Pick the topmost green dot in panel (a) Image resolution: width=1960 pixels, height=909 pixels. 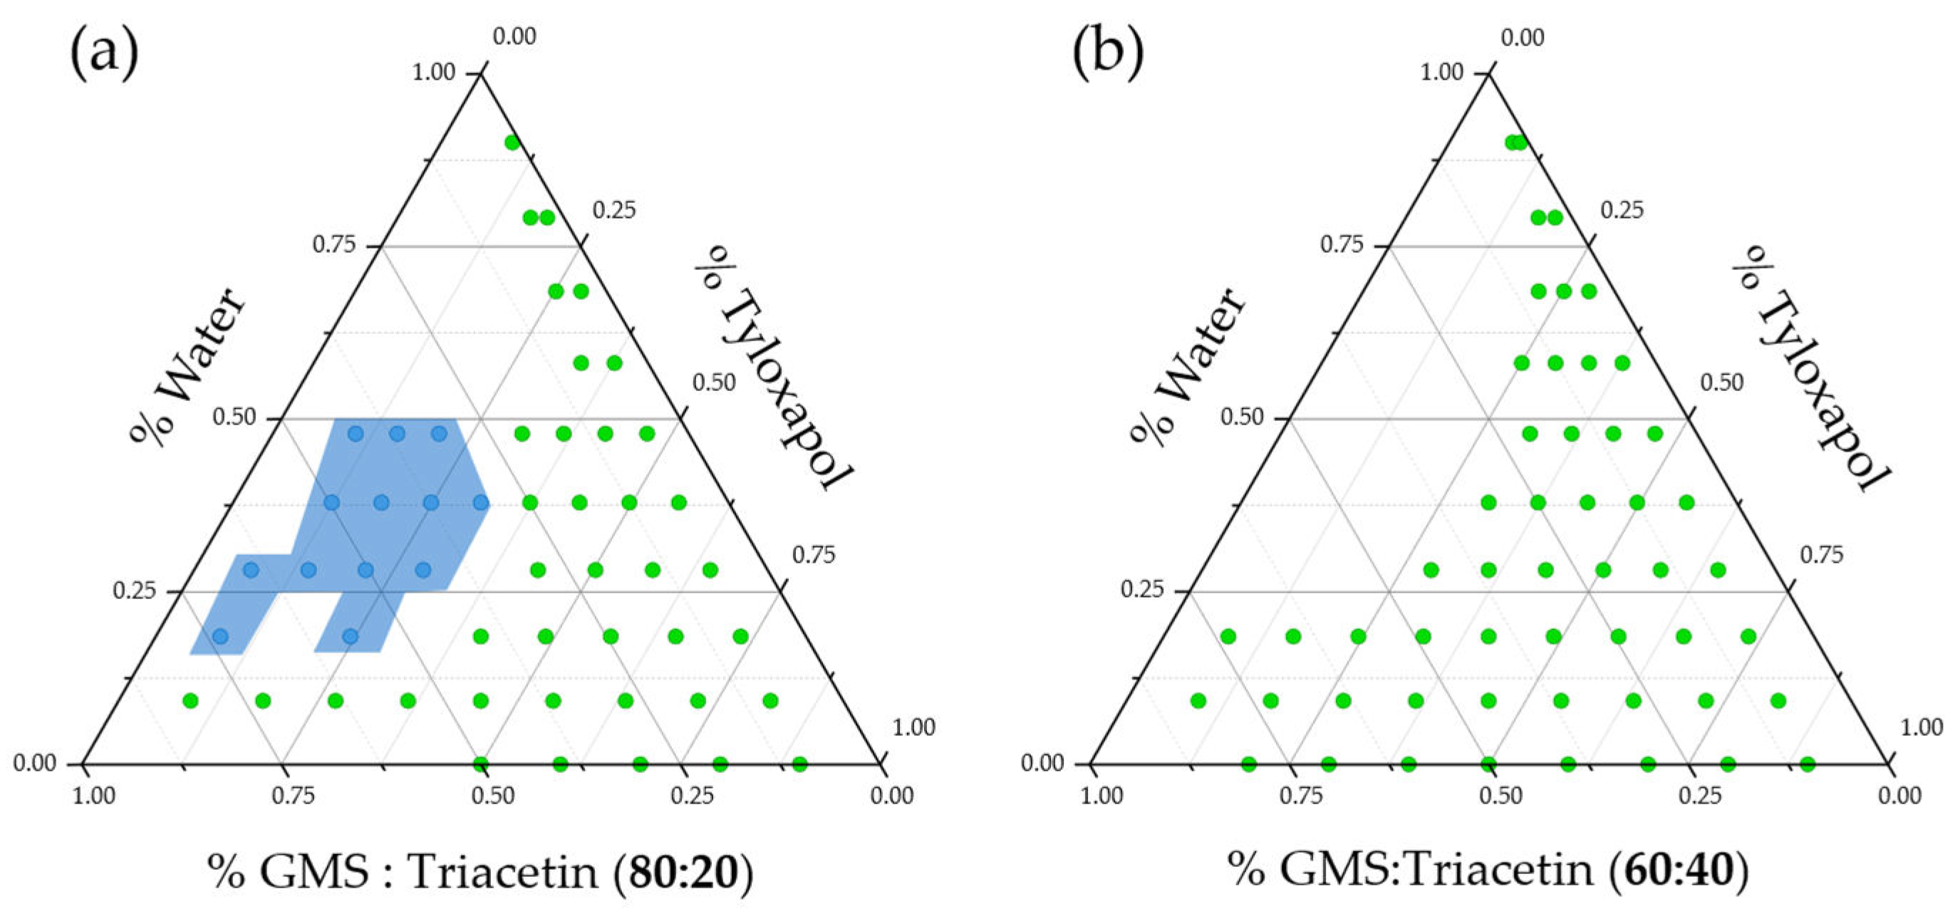click(x=512, y=142)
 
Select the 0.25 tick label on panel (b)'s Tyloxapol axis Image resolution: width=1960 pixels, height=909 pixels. click(x=1622, y=210)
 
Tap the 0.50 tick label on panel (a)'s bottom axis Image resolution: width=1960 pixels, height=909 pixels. click(x=493, y=796)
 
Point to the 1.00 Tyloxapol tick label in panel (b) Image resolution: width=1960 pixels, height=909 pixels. click(x=1922, y=728)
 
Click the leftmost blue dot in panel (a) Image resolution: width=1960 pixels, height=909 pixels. click(x=220, y=636)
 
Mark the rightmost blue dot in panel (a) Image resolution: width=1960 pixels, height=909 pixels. click(x=481, y=502)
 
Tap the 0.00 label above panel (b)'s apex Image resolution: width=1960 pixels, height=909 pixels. click(x=1523, y=37)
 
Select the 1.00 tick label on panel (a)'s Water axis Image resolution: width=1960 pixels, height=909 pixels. click(x=433, y=72)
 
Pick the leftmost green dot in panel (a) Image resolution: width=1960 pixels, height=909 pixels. click(x=190, y=700)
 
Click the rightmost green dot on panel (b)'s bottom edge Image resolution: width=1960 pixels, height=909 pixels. click(x=1808, y=764)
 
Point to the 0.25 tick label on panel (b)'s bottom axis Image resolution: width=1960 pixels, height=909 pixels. click(x=1700, y=796)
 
